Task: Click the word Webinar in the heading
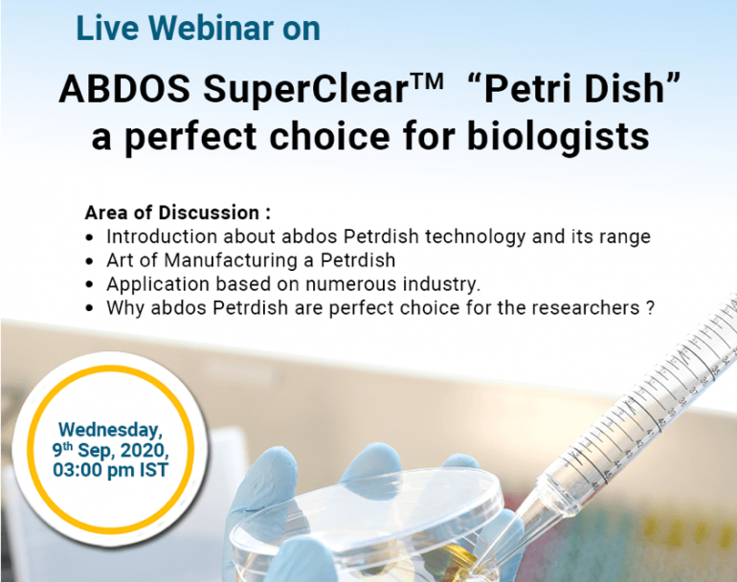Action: point(212,29)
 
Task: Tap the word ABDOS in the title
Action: point(124,88)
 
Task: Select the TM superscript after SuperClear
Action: point(426,80)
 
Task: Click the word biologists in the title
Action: point(558,136)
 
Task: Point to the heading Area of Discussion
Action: point(178,213)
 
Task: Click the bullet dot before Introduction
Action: point(89,238)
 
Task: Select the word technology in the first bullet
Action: point(475,236)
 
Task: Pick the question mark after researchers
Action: point(650,308)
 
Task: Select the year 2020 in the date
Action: point(145,450)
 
